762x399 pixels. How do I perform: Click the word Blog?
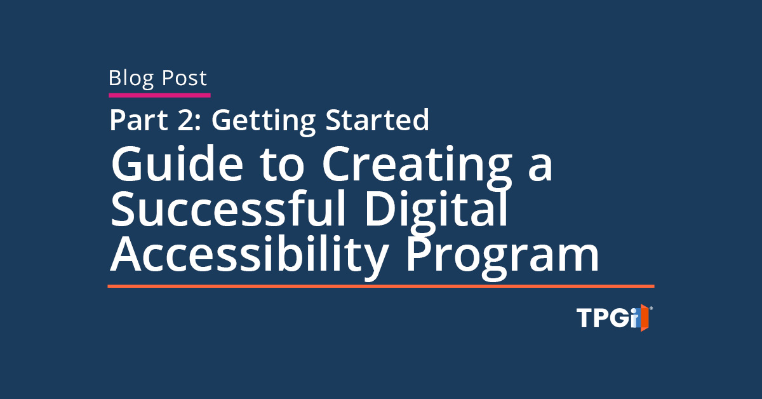click(131, 79)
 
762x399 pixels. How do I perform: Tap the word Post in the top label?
click(184, 78)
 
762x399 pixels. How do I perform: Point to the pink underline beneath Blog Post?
click(159, 95)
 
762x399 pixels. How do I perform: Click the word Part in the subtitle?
click(138, 120)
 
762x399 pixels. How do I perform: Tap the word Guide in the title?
click(177, 163)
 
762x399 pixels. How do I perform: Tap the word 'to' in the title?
click(282, 165)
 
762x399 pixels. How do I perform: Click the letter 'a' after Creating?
click(540, 168)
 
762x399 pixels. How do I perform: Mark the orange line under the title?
click(381, 287)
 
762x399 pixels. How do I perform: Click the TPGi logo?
click(615, 318)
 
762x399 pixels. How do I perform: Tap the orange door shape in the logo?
click(644, 318)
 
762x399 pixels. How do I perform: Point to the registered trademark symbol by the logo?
click(651, 308)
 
